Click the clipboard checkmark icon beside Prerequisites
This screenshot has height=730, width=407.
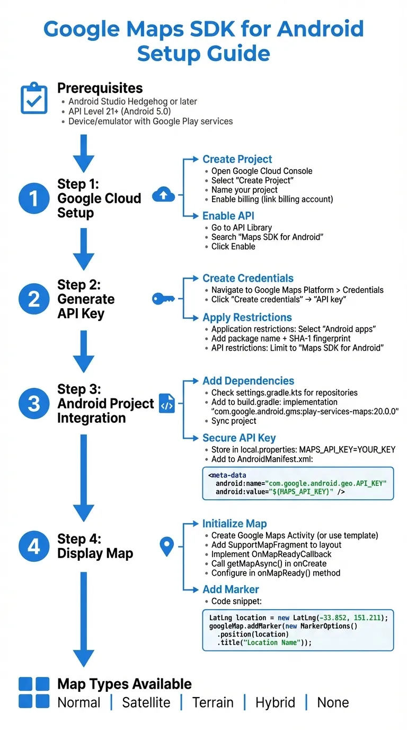[34, 98]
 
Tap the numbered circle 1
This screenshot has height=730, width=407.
[34, 198]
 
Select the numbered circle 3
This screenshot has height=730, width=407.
[34, 404]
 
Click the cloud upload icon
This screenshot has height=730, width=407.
[163, 195]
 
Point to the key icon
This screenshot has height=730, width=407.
[163, 299]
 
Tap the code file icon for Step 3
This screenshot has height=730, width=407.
[167, 404]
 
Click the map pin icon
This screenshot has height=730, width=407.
[167, 546]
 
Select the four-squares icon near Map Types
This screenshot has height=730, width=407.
[34, 692]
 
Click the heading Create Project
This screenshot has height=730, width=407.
[237, 159]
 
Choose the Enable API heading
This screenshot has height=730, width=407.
[228, 216]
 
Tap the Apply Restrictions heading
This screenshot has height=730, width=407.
[247, 317]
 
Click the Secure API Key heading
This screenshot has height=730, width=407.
[239, 438]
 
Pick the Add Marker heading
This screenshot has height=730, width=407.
[231, 589]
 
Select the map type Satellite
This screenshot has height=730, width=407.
[146, 702]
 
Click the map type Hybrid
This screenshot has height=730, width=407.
[275, 702]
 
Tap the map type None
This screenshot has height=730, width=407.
[333, 702]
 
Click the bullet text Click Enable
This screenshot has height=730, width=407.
[233, 247]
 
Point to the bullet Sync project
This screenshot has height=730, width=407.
[234, 421]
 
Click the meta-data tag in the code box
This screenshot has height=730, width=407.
[228, 475]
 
